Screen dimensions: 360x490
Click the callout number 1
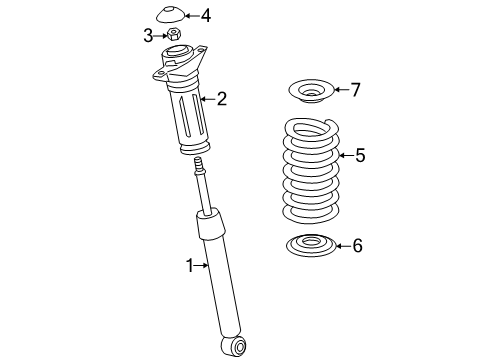tap(188, 265)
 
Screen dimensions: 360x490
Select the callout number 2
tap(221, 98)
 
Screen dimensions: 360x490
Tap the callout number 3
tap(148, 36)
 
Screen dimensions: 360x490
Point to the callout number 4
tap(205, 15)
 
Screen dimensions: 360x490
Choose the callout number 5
tap(360, 155)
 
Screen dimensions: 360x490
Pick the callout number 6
tap(357, 246)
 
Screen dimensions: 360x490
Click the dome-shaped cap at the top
tap(172, 15)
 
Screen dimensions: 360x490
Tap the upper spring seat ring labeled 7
tap(310, 94)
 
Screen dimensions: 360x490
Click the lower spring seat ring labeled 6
tap(310, 244)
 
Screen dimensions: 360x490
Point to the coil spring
tap(310, 170)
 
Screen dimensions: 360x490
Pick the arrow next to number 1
tap(203, 265)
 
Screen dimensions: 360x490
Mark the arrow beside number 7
tap(339, 90)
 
